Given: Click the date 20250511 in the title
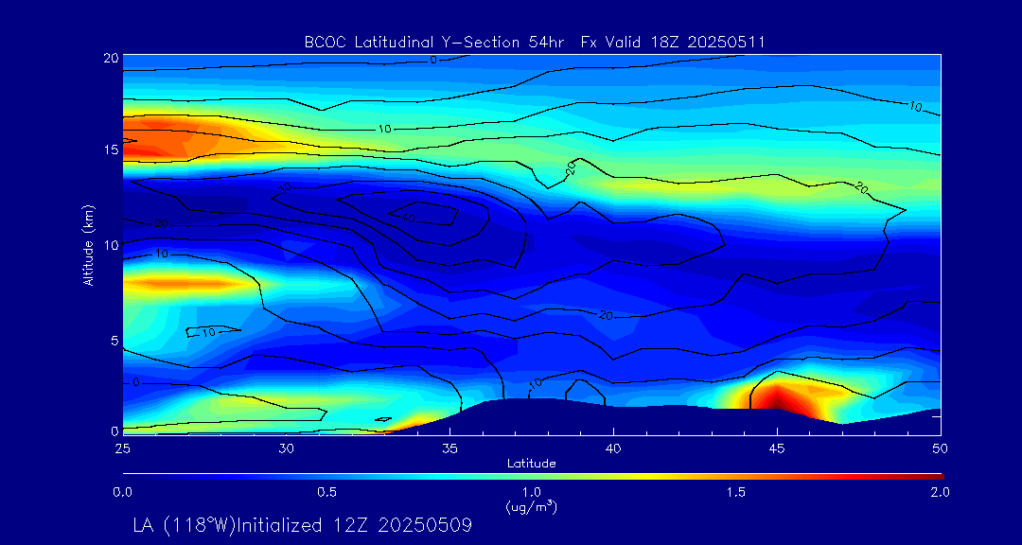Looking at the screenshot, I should click(729, 42).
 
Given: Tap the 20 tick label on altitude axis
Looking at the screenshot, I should click(110, 58).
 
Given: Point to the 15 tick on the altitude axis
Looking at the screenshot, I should click(110, 149).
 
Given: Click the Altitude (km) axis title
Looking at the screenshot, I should click(88, 243).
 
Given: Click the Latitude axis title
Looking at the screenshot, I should click(531, 463).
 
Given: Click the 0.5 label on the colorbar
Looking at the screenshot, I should click(327, 492).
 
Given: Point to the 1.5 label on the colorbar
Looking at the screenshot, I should click(736, 492).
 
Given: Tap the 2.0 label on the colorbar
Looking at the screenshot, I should click(940, 492).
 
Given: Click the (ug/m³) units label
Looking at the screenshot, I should click(531, 507).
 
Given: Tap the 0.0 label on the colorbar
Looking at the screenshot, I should click(122, 492).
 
